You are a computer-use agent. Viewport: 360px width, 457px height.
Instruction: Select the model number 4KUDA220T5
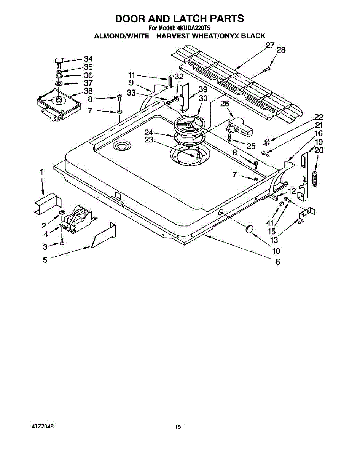coord(194,28)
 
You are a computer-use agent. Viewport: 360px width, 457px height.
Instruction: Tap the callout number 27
coord(270,45)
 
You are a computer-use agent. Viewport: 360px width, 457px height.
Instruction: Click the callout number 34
coord(88,59)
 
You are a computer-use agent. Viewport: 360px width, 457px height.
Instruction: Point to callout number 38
coord(88,91)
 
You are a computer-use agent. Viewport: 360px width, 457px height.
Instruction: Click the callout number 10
coord(276,251)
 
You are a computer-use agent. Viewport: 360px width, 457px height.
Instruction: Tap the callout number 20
coord(319,150)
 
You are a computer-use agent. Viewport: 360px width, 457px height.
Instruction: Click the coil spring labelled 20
coord(315,179)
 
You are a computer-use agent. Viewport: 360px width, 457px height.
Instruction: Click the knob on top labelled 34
coord(58,60)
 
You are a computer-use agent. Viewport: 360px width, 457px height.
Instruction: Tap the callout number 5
coord(45,260)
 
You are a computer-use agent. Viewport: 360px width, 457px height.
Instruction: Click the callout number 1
coord(41,172)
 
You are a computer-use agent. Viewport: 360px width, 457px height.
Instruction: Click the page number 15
coord(178,427)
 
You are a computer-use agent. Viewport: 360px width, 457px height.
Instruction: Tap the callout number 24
coord(148,133)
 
